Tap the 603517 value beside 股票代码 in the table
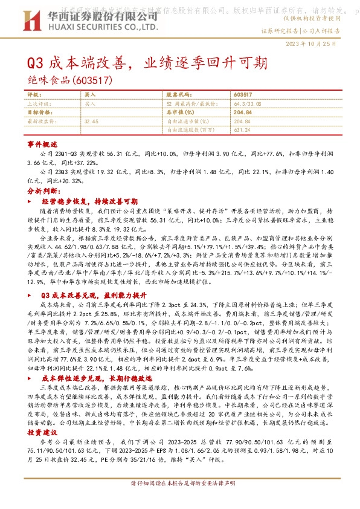(x=242, y=96)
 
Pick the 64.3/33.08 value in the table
(x=246, y=104)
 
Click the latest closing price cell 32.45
(x=92, y=121)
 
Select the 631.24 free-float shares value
(x=242, y=129)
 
